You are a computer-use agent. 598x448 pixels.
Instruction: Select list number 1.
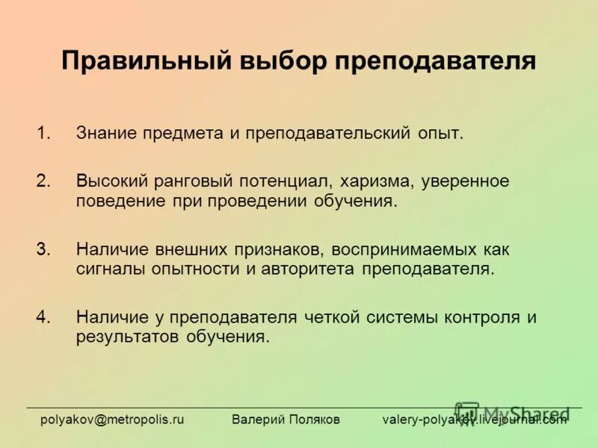point(43,134)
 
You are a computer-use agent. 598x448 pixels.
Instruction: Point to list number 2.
point(43,181)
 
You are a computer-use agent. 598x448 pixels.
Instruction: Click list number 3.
point(43,249)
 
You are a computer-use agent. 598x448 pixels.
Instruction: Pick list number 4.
point(43,317)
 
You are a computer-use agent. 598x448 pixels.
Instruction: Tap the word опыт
point(440,134)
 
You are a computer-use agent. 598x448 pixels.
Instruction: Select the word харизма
point(377,181)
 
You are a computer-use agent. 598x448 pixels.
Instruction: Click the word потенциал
point(285,181)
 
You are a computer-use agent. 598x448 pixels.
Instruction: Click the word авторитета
point(309,270)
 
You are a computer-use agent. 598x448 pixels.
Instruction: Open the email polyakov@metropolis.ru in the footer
point(112,420)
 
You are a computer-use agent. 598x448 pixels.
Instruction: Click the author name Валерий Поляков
point(286,420)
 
